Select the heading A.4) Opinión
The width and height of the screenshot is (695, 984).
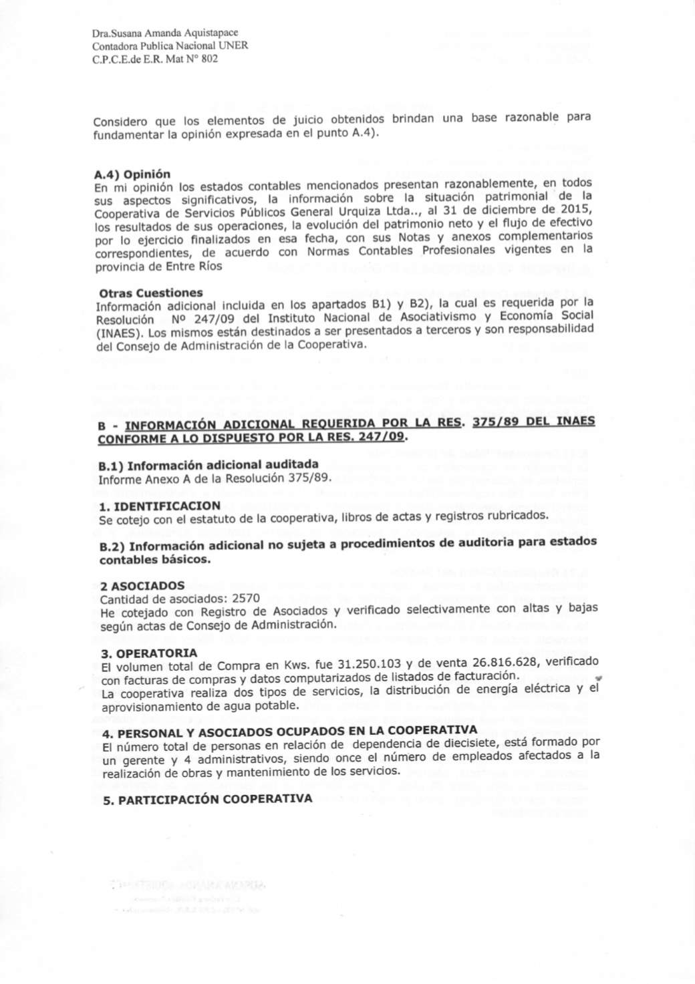(x=132, y=174)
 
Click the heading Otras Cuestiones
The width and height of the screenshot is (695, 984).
(x=150, y=293)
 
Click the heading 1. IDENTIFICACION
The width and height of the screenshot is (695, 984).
(x=159, y=506)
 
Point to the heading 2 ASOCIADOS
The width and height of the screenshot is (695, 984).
(x=142, y=586)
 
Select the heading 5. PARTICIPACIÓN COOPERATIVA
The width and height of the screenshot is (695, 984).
(x=206, y=800)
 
